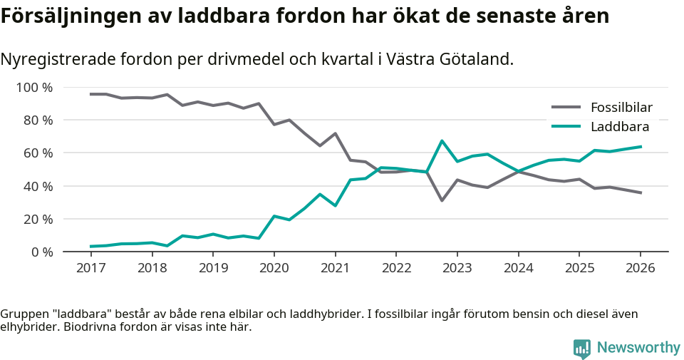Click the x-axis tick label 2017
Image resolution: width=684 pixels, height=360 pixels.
(x=90, y=268)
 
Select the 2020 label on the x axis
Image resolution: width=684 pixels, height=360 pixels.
(x=274, y=268)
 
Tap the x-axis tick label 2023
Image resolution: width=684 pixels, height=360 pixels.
(x=457, y=268)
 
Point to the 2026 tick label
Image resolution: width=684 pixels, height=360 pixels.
(x=640, y=268)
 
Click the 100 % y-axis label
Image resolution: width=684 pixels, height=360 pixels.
(x=34, y=88)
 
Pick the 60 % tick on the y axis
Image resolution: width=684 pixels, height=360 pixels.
(x=37, y=153)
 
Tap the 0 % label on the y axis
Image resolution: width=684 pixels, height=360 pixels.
(x=41, y=252)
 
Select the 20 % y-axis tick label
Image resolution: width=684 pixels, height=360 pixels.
(x=37, y=219)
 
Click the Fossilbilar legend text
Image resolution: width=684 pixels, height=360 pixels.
(x=621, y=108)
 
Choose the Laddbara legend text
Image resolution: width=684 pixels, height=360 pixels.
(x=619, y=127)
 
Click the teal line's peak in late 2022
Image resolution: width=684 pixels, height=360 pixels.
(x=442, y=140)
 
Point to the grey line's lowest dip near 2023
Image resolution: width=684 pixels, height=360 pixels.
(x=442, y=200)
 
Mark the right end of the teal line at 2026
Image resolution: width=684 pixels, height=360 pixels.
(x=640, y=147)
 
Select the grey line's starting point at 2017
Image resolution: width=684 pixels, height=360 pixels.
(x=90, y=94)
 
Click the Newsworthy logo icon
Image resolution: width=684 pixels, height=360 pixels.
(x=581, y=348)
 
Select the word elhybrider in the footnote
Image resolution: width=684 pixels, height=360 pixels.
(x=27, y=327)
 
